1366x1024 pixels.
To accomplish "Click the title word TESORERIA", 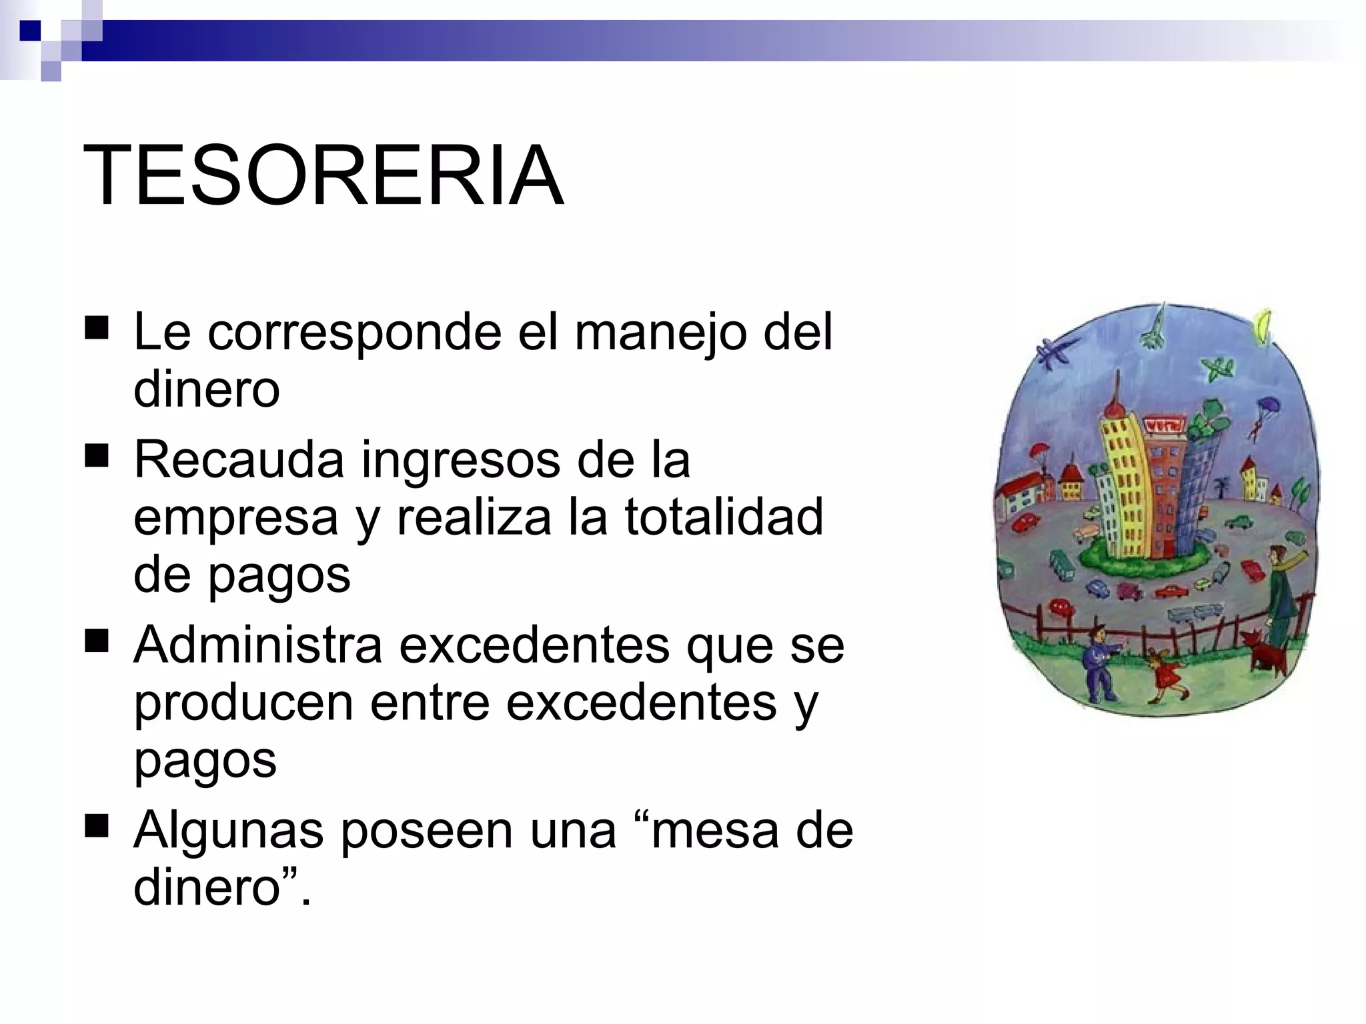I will click(323, 176).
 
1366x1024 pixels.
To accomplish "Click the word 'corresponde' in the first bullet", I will click(354, 331).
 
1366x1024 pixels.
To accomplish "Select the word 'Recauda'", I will click(239, 459).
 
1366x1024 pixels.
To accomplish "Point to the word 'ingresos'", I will click(460, 461).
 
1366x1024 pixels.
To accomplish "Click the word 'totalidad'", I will click(724, 517).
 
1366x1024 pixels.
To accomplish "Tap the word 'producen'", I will click(243, 703).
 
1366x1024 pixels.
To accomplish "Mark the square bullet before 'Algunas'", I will click(97, 827).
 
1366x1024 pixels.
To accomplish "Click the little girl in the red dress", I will click(1169, 675).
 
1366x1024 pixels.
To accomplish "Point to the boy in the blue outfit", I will click(1099, 663).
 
